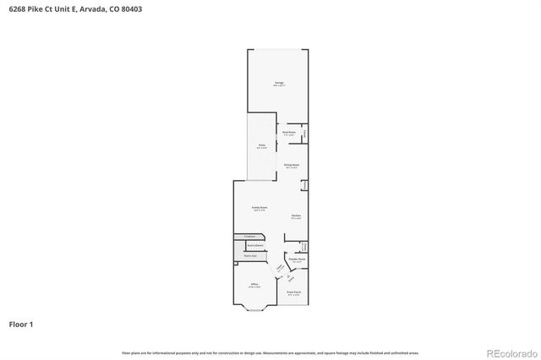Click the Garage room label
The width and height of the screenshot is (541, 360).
[x=279, y=84]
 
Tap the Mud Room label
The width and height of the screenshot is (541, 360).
[x=288, y=133]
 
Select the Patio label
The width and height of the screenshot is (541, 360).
[x=262, y=147]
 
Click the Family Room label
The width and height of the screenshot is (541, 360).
[x=260, y=207]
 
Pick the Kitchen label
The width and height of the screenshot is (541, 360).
[x=296, y=217]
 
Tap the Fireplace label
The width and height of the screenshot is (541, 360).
[x=249, y=236]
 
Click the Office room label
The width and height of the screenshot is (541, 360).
[x=254, y=285]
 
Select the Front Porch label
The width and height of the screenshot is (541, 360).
[x=293, y=292]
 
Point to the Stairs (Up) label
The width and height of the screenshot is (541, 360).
[x=250, y=254]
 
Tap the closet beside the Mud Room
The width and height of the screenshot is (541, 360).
[x=304, y=134]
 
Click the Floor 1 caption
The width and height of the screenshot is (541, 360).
[x=22, y=323]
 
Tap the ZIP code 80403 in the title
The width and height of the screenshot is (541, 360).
[x=131, y=8]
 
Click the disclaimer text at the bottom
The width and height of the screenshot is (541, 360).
[x=270, y=352]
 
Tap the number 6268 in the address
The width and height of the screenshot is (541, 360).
[x=14, y=8]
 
